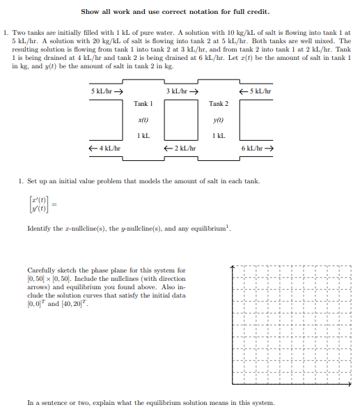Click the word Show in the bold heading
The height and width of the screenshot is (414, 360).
(91, 12)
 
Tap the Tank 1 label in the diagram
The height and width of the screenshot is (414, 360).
(143, 104)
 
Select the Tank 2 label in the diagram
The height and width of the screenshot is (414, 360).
(219, 104)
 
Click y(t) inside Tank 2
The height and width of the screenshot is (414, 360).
(219, 120)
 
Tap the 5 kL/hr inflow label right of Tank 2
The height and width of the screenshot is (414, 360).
(256, 92)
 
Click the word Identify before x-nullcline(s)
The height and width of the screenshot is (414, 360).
(39, 229)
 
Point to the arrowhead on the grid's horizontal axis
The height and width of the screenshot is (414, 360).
(350, 383)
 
